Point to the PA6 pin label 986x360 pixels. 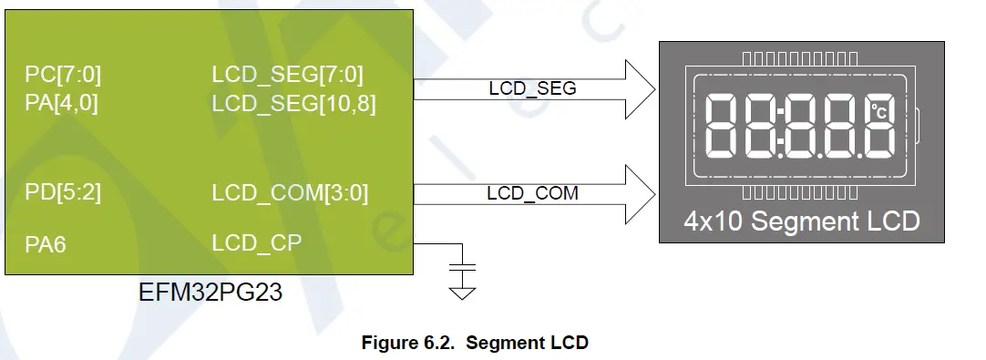46,243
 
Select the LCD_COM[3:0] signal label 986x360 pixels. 290,193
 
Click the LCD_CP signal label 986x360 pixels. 256,243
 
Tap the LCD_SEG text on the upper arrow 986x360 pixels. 533,88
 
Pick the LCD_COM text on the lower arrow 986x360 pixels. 533,193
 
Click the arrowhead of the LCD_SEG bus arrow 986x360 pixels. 642,88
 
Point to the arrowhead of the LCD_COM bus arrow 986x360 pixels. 642,192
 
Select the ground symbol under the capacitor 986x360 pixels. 464,292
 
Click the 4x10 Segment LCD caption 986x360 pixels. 802,221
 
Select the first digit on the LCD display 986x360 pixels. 725,126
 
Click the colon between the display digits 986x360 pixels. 780,126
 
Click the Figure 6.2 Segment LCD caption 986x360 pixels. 475,343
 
